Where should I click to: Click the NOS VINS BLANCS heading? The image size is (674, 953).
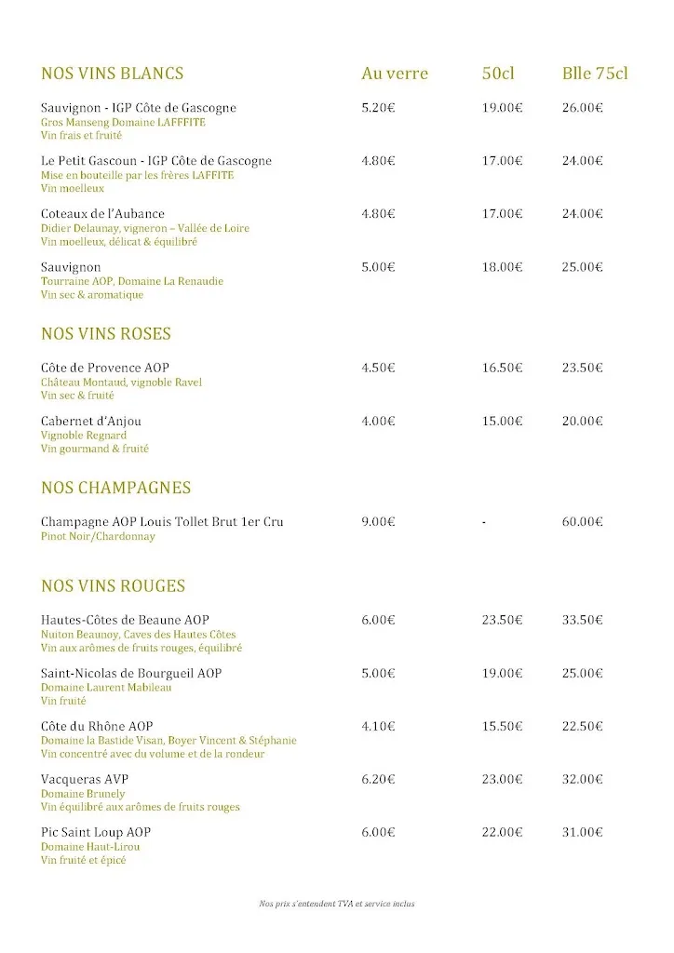tap(113, 74)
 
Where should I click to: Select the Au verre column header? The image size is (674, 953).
tap(395, 74)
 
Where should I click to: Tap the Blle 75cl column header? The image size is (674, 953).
tap(595, 74)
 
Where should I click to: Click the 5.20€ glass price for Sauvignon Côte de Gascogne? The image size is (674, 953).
tap(378, 108)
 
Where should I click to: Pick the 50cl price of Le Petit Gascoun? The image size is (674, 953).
tap(502, 161)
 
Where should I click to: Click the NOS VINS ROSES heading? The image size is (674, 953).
tap(106, 334)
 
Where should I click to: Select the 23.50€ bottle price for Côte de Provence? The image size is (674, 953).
tap(582, 368)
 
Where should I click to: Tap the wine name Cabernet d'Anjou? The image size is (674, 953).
tap(91, 421)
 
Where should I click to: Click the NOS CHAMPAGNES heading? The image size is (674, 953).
tap(116, 488)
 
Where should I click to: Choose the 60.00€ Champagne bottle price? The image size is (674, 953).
tap(582, 522)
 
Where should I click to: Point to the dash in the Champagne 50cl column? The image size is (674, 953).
tap(484, 522)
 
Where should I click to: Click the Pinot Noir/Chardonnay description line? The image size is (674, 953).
tap(98, 537)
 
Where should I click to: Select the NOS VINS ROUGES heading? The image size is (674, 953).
tap(114, 586)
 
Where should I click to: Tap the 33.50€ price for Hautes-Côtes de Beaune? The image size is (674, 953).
tap(582, 621)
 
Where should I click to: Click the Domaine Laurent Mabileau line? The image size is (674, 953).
tap(106, 688)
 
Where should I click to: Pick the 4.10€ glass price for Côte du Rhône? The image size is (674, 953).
tap(378, 727)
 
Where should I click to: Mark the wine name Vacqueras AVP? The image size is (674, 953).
tap(85, 779)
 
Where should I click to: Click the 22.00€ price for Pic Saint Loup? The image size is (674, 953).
tap(502, 832)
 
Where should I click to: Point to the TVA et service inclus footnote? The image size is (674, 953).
tap(337, 904)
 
